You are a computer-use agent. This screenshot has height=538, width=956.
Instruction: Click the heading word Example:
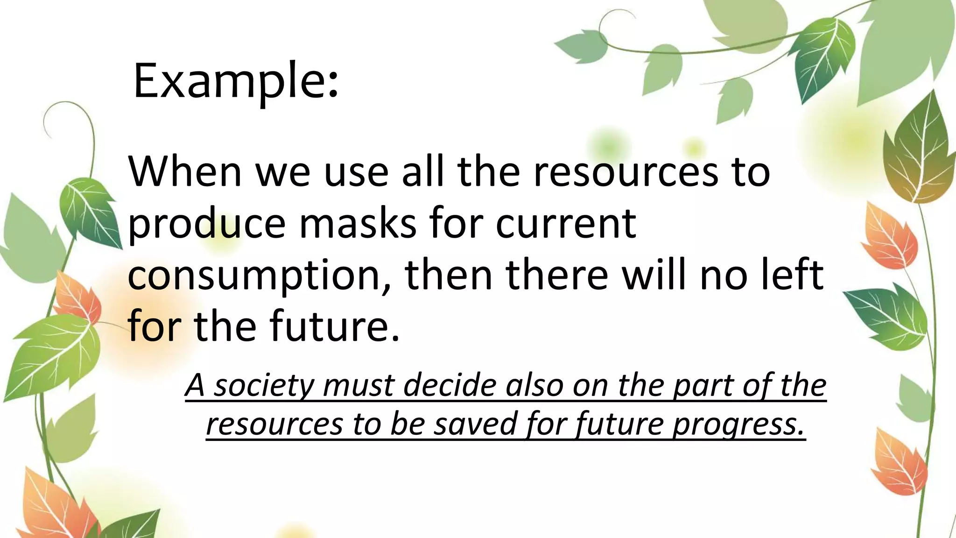click(235, 82)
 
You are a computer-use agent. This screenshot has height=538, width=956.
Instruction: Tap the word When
click(185, 171)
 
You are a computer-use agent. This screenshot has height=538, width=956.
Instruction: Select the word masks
click(357, 223)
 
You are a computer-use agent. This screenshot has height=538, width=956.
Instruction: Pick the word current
click(566, 223)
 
